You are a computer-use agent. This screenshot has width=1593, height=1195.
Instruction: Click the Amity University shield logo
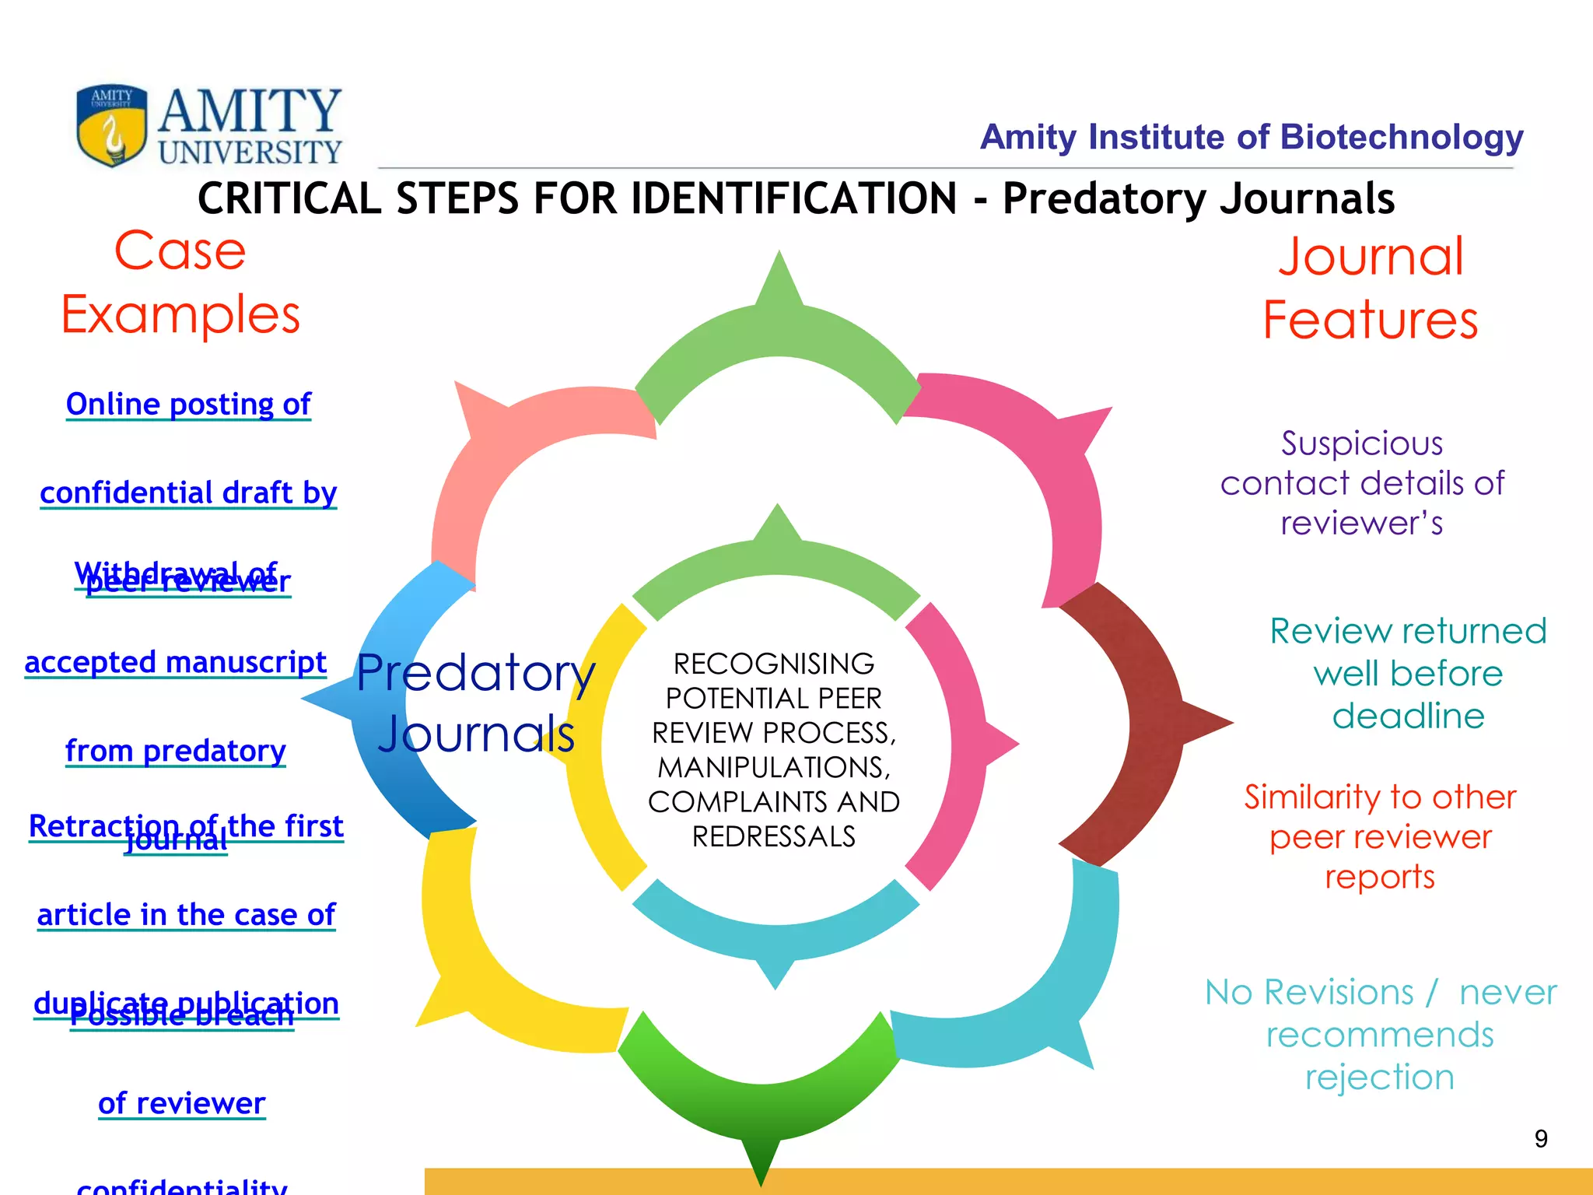pyautogui.click(x=112, y=124)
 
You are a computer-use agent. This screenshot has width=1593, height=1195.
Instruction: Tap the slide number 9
pyautogui.click(x=1541, y=1139)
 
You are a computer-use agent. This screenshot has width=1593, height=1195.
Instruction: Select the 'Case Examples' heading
pyautogui.click(x=180, y=282)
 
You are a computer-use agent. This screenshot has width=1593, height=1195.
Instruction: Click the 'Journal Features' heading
pyautogui.click(x=1371, y=288)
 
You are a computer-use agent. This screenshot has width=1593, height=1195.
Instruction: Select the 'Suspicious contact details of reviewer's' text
pyautogui.click(x=1362, y=483)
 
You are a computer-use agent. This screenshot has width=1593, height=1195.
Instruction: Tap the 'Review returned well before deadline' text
pyautogui.click(x=1408, y=673)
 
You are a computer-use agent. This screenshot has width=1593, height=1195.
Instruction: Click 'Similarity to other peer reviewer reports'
pyautogui.click(x=1380, y=836)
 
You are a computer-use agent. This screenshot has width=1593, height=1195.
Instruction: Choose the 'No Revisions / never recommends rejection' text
pyautogui.click(x=1380, y=1035)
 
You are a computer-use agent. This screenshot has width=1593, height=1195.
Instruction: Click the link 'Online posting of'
pyautogui.click(x=188, y=405)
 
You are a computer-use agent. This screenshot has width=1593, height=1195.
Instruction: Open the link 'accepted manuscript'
pyautogui.click(x=175, y=663)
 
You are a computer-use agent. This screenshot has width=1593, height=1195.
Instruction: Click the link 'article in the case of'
pyautogui.click(x=186, y=915)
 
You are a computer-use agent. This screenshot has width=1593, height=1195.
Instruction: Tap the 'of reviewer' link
pyautogui.click(x=181, y=1103)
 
